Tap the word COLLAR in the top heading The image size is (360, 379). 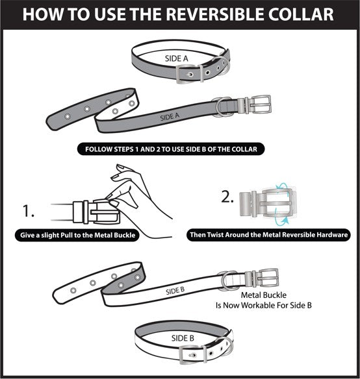(x=305, y=14)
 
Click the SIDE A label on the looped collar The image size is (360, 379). (x=176, y=58)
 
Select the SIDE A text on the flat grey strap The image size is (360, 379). (x=170, y=117)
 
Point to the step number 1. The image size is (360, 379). (x=28, y=210)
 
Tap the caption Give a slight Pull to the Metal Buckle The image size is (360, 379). (x=76, y=235)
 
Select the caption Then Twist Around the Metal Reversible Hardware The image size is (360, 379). (x=269, y=235)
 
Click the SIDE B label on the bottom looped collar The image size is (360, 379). (x=183, y=338)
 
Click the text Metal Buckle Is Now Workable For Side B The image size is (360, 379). (x=263, y=299)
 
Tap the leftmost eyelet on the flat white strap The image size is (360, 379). (x=73, y=289)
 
